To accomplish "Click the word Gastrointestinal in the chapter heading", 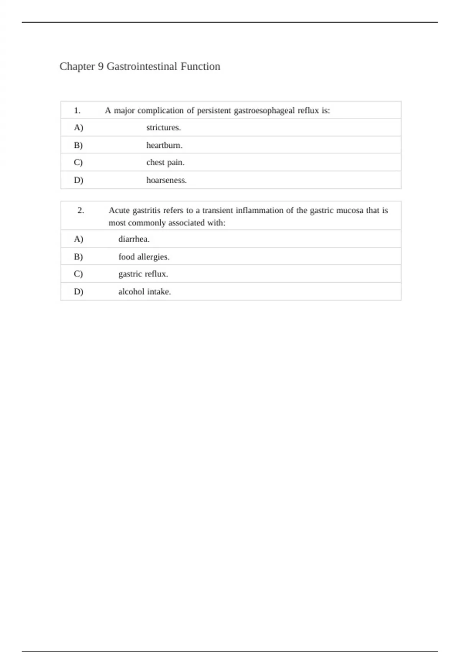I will [x=142, y=66].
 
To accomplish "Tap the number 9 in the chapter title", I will [x=100, y=66].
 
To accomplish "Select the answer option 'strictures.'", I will [x=163, y=128].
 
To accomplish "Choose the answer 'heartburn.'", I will [x=164, y=145].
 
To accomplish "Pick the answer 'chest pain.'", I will [x=165, y=163].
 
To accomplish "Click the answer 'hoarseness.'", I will [x=166, y=180].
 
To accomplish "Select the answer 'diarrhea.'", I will [x=134, y=239].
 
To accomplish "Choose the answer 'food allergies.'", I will [x=144, y=257].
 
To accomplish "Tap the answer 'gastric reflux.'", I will [x=143, y=274].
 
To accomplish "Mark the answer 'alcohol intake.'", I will [x=145, y=291].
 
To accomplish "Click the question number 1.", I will [x=77, y=111].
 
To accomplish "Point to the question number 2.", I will [x=80, y=210].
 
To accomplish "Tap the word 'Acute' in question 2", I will [x=119, y=210].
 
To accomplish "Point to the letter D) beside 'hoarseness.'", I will [x=78, y=180].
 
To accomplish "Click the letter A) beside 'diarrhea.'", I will [x=78, y=239].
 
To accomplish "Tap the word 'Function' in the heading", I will [x=200, y=66].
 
